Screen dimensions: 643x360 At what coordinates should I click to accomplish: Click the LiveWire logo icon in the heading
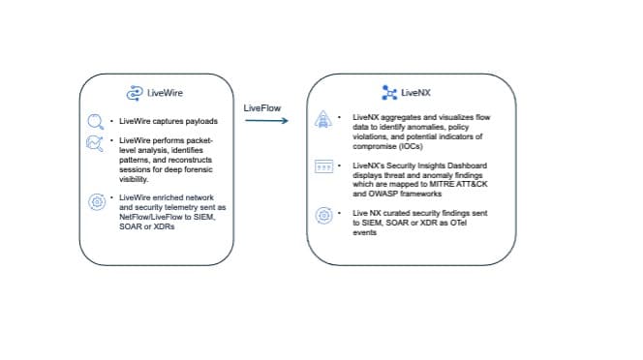(136, 93)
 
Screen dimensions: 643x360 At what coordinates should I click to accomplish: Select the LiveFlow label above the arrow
(262, 107)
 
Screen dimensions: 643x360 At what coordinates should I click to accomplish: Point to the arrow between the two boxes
(262, 121)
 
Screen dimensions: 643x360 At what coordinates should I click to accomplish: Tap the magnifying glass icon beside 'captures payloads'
(95, 122)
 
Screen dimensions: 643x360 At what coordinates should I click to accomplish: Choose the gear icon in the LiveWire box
(96, 201)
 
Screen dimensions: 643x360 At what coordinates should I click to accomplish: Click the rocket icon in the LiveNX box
(324, 120)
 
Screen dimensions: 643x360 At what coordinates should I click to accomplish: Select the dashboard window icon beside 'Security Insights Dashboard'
(324, 167)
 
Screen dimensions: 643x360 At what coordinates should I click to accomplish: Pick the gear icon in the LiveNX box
(324, 215)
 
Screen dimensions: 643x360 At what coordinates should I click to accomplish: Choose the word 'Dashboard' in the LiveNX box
(460, 165)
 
